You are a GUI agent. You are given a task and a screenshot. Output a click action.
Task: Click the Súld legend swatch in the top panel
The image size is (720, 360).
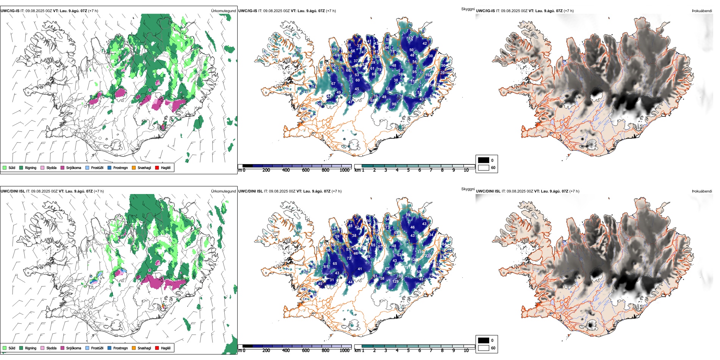(x=5, y=167)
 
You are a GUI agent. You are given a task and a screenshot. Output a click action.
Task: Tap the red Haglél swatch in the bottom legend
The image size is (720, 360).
(x=157, y=348)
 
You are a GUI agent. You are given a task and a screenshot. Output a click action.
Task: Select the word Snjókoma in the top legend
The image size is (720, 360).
(x=74, y=167)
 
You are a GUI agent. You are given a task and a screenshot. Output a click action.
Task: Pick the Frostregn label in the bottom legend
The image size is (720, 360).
(x=120, y=348)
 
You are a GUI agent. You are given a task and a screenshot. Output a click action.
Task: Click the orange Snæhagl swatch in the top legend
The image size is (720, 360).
(x=134, y=167)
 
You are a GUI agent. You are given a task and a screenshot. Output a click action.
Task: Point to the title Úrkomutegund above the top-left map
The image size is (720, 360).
(x=223, y=11)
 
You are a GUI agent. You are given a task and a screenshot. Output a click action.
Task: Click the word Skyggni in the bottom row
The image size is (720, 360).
(x=468, y=189)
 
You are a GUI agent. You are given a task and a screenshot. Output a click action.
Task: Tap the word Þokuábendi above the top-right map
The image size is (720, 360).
(x=702, y=11)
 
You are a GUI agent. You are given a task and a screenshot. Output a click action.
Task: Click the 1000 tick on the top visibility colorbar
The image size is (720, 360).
(x=344, y=170)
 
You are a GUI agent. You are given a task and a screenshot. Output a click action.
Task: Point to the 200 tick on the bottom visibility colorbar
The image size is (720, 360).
(x=266, y=351)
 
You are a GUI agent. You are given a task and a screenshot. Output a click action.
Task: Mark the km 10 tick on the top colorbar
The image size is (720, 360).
(x=466, y=170)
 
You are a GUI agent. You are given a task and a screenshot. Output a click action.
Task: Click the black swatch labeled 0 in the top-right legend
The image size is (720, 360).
(x=484, y=160)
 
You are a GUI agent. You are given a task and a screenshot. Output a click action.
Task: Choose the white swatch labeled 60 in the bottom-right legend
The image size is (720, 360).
(x=484, y=348)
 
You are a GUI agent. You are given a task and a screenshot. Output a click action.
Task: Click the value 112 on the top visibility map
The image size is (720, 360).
(x=413, y=81)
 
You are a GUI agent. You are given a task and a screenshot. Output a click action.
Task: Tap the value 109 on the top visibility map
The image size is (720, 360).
(x=333, y=49)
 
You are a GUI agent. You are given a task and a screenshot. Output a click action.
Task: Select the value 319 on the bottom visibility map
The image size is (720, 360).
(x=420, y=252)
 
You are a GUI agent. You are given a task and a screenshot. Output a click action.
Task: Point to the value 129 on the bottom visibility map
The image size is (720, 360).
(x=395, y=281)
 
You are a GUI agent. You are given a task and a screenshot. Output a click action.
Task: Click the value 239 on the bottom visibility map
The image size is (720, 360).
(x=428, y=256)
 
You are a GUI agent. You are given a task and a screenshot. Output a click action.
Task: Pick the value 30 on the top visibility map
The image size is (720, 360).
(x=430, y=56)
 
